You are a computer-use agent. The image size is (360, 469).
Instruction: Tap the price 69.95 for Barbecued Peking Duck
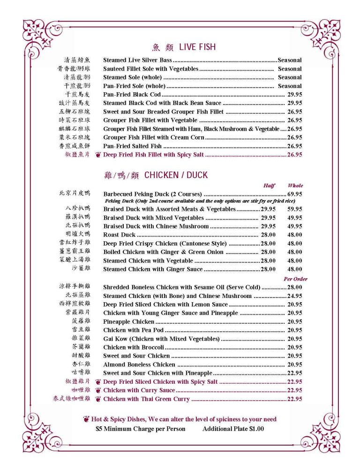pos(294,194)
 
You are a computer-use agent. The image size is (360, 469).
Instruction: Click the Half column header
pos(269,186)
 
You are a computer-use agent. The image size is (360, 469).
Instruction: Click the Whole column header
pos(295,186)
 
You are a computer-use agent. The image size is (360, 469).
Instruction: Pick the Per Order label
pos(295,279)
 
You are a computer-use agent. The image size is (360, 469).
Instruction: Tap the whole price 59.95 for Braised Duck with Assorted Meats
pos(295,209)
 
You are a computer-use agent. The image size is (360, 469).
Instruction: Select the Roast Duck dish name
pos(119,235)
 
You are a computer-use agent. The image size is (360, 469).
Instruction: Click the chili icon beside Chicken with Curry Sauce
pos(98,390)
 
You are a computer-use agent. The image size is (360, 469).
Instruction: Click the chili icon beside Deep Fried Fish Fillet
pos(98,155)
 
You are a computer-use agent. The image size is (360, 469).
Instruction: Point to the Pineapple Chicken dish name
pos(128,322)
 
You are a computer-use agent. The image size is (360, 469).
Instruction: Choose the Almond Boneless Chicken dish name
pos(139,365)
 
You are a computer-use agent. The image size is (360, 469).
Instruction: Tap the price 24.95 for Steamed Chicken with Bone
pos(294,296)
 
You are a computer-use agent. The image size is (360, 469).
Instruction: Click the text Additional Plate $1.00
pos(233,429)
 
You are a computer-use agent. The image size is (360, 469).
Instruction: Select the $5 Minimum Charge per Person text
pos(140,429)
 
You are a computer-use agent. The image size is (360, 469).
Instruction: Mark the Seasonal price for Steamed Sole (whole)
pos(290,77)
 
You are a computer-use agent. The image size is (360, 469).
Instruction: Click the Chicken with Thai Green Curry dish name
pos(146,399)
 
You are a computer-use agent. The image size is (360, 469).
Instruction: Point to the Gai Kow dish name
pos(161,339)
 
